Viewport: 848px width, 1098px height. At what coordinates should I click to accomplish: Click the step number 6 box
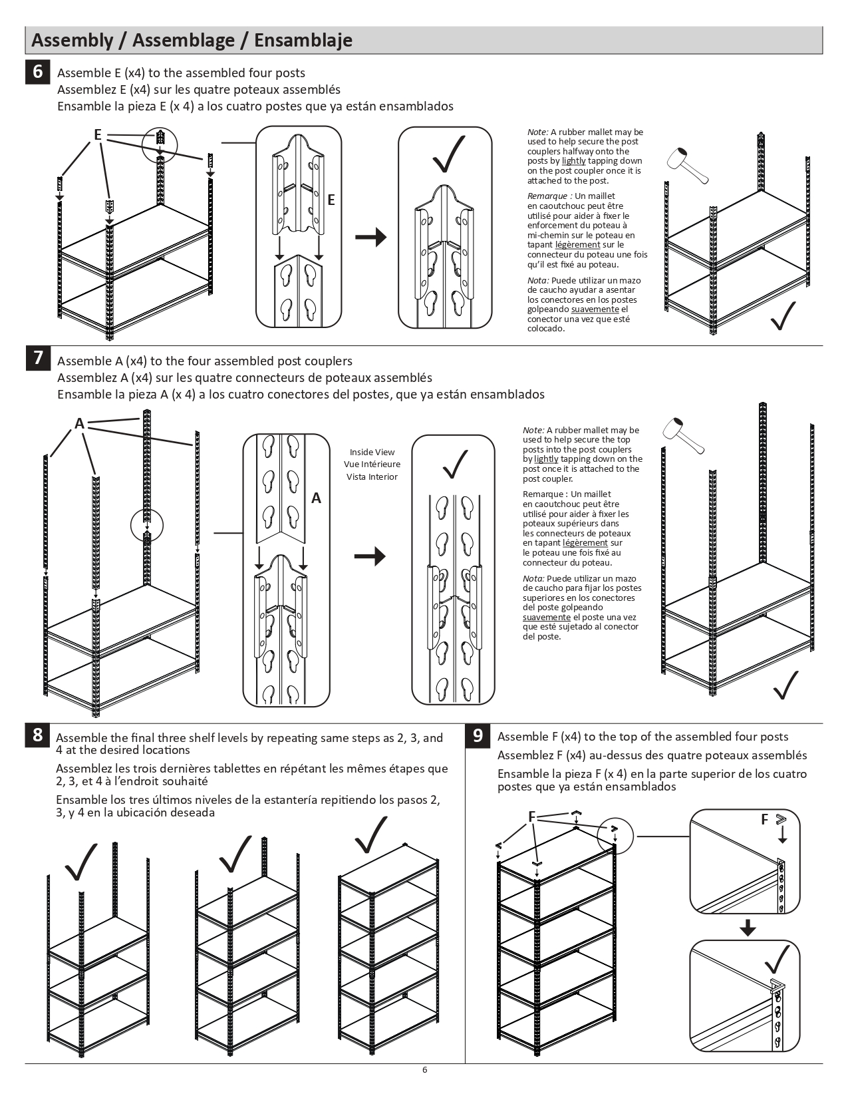pos(38,71)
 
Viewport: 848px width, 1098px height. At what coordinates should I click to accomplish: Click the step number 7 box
pos(38,358)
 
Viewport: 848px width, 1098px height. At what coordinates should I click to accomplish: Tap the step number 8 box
pos(38,735)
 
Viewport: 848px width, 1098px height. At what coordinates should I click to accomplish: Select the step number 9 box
pos(478,735)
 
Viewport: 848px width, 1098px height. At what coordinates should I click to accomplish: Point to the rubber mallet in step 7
pos(683,437)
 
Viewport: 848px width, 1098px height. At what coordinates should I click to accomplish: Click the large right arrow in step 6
pos(370,237)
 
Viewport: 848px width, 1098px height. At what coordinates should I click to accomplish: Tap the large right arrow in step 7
pos(370,556)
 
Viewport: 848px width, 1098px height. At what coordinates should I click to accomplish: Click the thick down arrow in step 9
pos(748,928)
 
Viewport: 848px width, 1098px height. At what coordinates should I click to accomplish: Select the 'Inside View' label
pos(372,453)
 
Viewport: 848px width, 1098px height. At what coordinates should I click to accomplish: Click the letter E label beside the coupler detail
pos(331,200)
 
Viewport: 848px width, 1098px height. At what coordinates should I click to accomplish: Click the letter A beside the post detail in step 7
pos(317,498)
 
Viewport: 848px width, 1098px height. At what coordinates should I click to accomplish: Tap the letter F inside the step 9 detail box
pos(765,820)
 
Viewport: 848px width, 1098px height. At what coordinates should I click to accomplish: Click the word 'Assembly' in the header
pos(72,41)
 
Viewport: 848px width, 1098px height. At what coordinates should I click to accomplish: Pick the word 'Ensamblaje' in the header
pos(303,41)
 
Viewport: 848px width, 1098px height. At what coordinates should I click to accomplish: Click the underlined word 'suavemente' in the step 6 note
pos(595,309)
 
